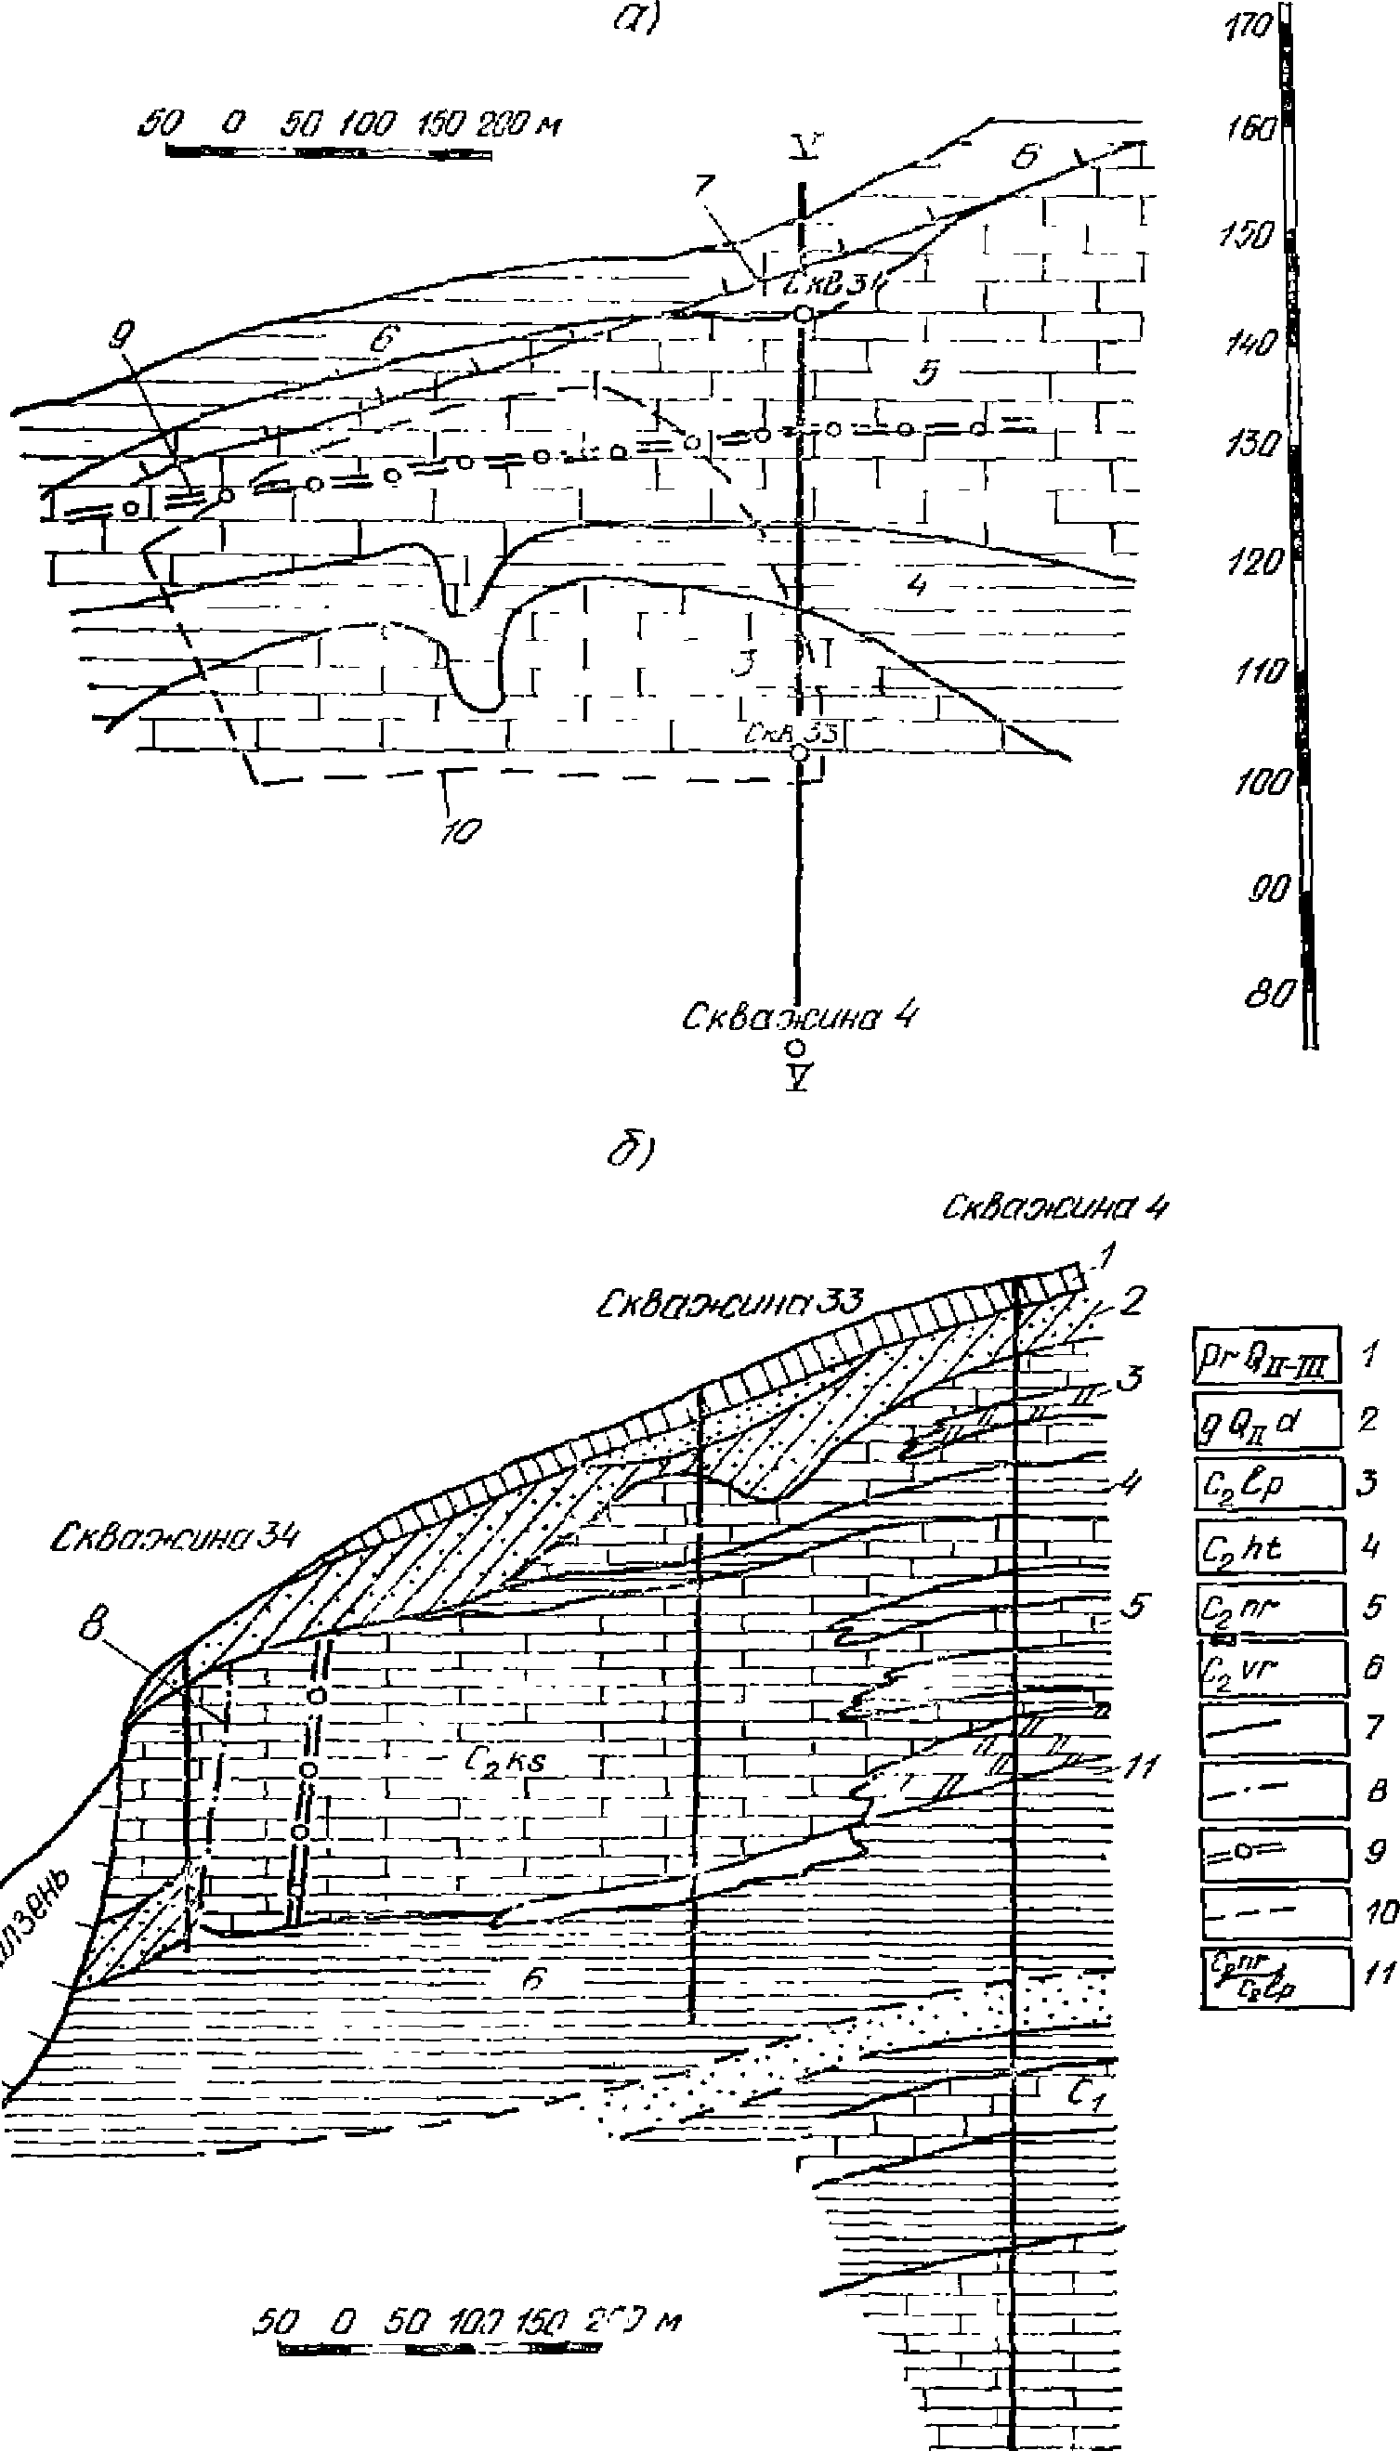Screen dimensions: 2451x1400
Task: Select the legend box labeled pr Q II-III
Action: point(1266,1355)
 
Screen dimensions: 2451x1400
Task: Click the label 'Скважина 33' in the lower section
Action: point(729,1304)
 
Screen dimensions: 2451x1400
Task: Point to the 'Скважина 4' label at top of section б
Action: point(1054,1207)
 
